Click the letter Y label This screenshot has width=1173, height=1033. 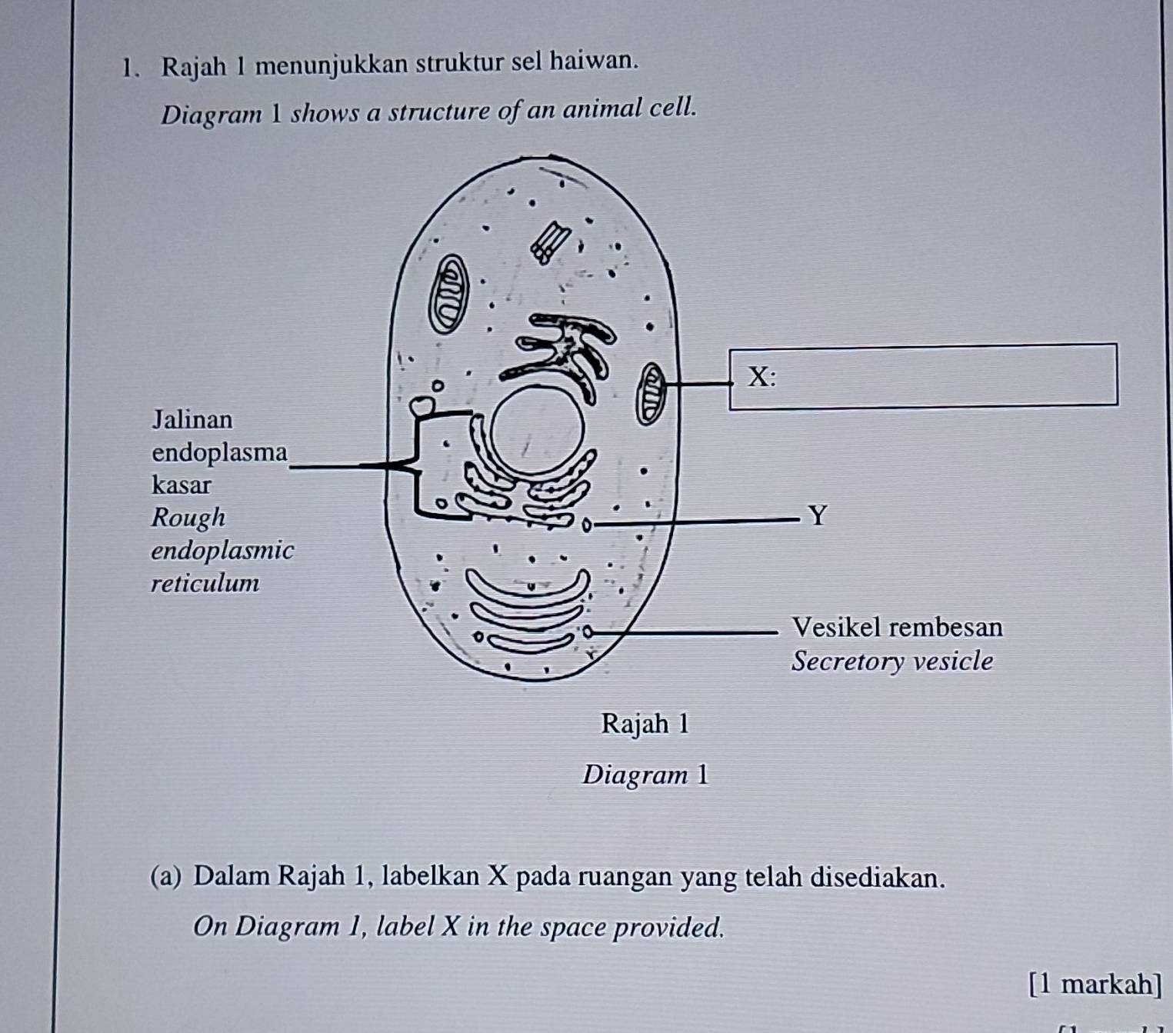pyautogui.click(x=818, y=515)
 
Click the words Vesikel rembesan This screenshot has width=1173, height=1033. pyautogui.click(x=897, y=627)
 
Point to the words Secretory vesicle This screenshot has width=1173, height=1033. pyautogui.click(x=892, y=661)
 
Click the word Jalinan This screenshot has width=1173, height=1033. pyautogui.click(x=192, y=419)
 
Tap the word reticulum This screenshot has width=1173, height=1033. pyautogui.click(x=205, y=583)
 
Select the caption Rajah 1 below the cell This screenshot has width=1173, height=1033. pyautogui.click(x=645, y=724)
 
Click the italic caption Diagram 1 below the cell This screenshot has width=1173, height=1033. pyautogui.click(x=645, y=775)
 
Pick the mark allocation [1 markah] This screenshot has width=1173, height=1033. pyautogui.click(x=1095, y=984)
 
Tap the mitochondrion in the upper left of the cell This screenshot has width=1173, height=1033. pyautogui.click(x=448, y=295)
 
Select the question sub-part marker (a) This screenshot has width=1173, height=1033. pyautogui.click(x=166, y=876)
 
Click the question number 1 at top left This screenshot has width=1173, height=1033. pyautogui.click(x=128, y=67)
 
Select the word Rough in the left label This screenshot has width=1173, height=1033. pyautogui.click(x=188, y=517)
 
